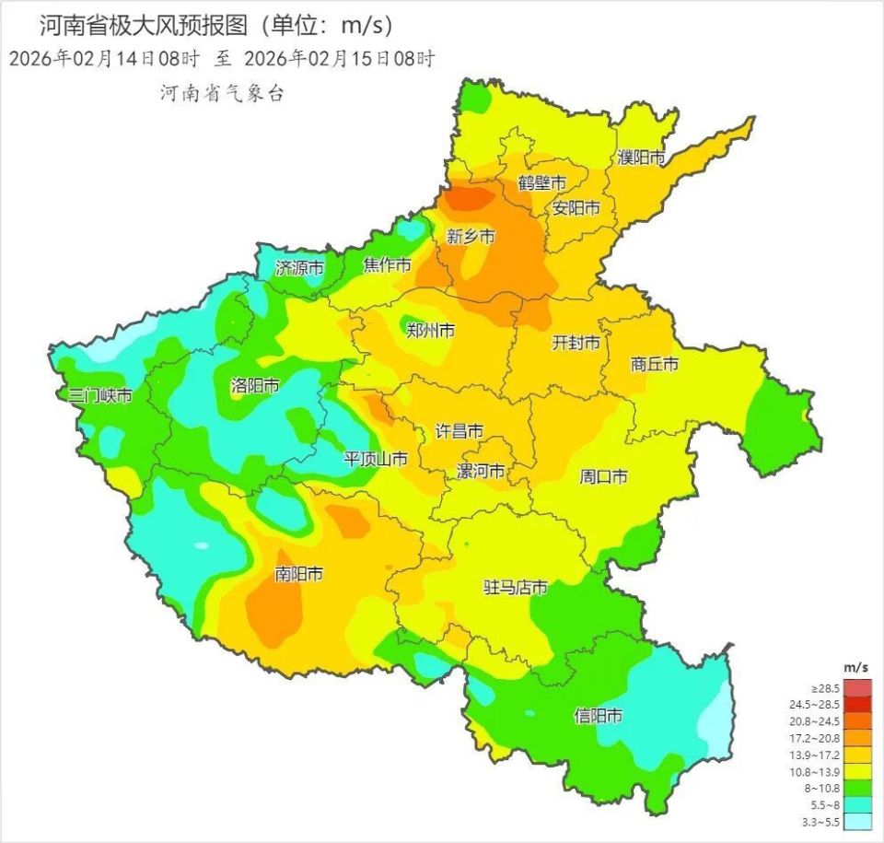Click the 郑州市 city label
point(430,330)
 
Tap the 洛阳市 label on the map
point(255,386)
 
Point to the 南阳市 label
point(299,574)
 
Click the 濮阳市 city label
point(641,158)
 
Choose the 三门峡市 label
point(100,395)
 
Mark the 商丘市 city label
point(655,365)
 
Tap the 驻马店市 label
point(516,587)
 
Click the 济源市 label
point(299,268)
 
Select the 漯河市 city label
point(481,472)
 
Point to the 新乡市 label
point(471,237)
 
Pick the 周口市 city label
point(603,476)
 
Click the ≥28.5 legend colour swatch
point(858,688)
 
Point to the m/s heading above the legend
point(855,666)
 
